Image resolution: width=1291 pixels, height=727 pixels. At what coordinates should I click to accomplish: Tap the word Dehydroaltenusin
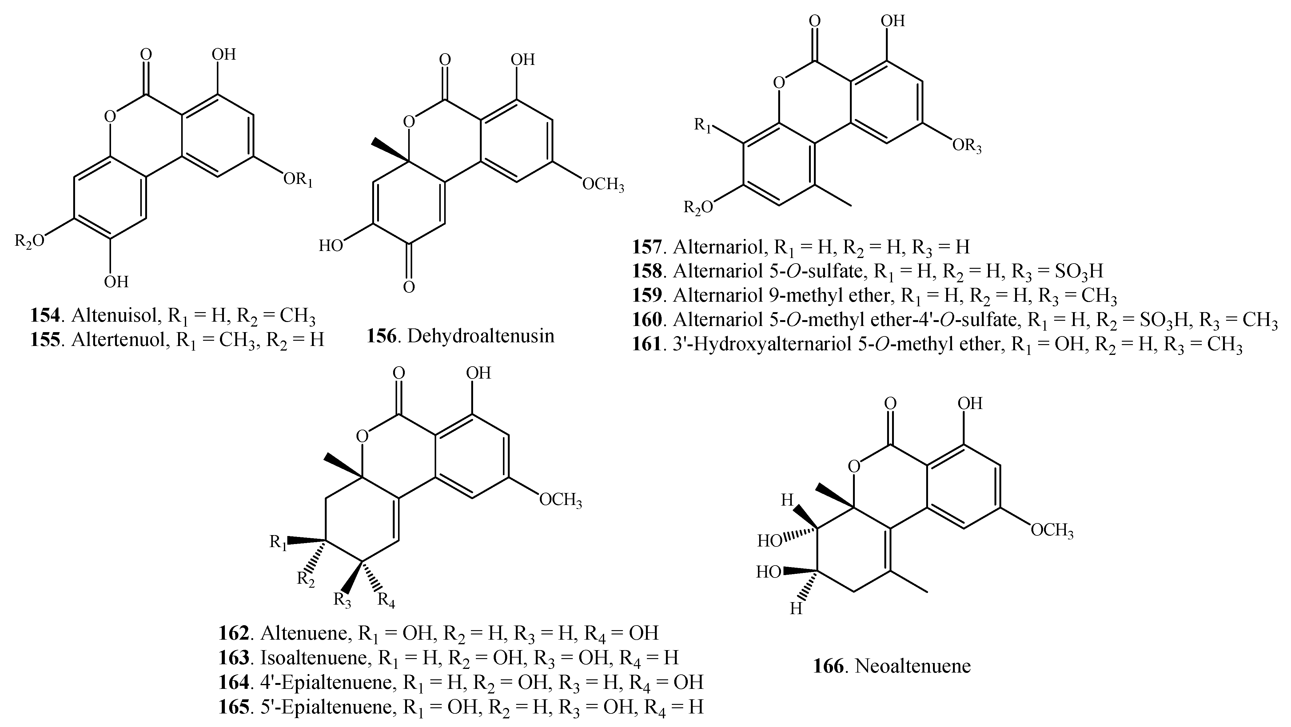point(480,336)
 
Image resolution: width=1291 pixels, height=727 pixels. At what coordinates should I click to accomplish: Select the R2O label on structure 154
point(29,241)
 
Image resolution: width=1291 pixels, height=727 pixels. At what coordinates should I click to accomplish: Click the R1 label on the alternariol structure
point(702,125)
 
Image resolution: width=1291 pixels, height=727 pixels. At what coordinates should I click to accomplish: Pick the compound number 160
point(647,319)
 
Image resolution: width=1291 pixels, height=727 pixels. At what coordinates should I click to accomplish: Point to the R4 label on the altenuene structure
point(386,600)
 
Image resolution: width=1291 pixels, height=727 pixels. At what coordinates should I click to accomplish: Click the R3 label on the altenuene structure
point(342,600)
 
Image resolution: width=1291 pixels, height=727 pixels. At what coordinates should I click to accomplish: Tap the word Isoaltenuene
point(313,657)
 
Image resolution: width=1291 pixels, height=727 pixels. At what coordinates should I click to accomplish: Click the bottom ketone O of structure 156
point(409,287)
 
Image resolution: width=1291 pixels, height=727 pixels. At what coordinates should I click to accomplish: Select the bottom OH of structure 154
point(116,282)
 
